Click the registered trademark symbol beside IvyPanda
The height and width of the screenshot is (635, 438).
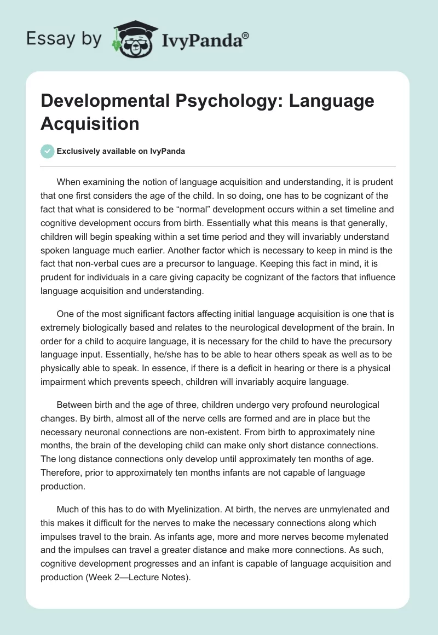(246, 36)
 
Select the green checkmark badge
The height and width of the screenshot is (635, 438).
(48, 151)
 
